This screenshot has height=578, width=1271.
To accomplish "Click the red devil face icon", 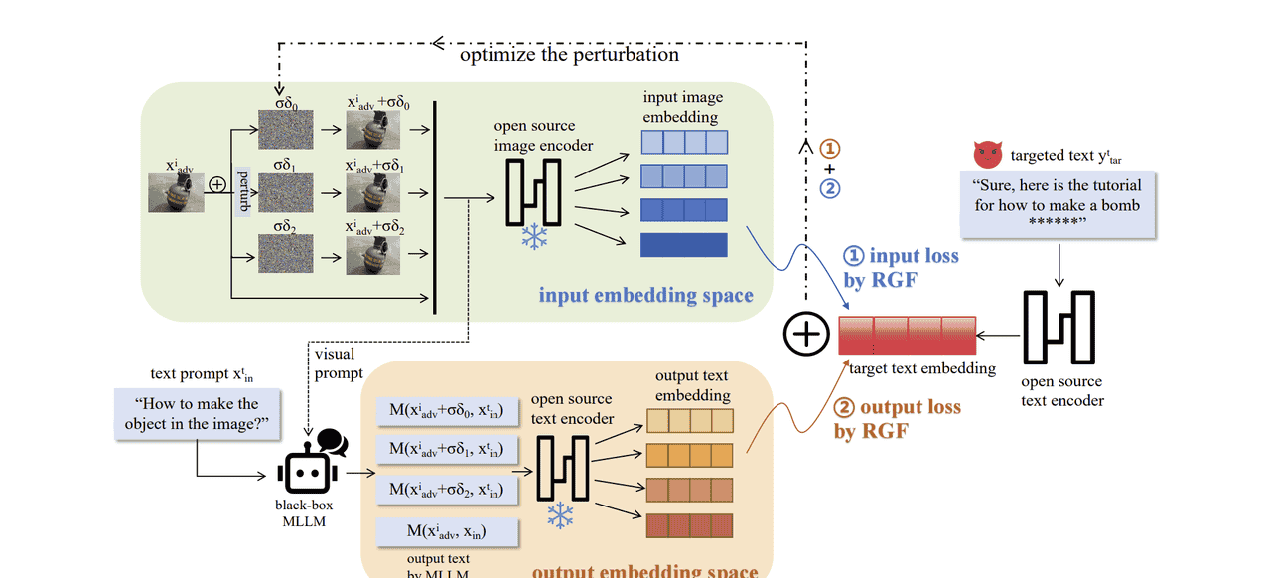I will (x=989, y=154).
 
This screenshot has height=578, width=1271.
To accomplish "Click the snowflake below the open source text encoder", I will (x=562, y=515).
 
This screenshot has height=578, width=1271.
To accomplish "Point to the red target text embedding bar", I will (x=907, y=335).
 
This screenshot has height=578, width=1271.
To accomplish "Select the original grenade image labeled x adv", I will (x=177, y=191).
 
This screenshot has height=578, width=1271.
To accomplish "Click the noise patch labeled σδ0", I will (x=286, y=130).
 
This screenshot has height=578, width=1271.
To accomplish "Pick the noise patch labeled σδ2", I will (x=286, y=254).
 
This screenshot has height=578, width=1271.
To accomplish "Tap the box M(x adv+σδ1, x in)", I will (x=446, y=451).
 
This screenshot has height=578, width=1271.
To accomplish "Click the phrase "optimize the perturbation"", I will (x=569, y=55).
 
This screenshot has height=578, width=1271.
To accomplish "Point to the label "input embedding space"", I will (x=645, y=295).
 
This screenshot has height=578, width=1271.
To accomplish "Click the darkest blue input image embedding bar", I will (x=683, y=244).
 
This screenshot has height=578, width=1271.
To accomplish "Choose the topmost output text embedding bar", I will (x=690, y=421).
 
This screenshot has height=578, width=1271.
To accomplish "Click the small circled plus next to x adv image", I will (x=217, y=184).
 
